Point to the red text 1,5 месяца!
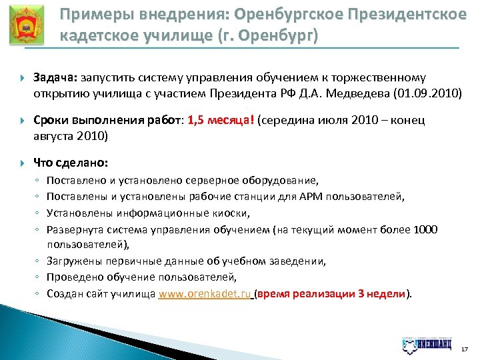pyautogui.click(x=221, y=120)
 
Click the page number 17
pyautogui.click(x=464, y=348)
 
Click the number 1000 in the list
pyautogui.click(x=425, y=229)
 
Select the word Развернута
pyautogui.click(x=71, y=229)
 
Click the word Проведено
pyautogui.click(x=71, y=277)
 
